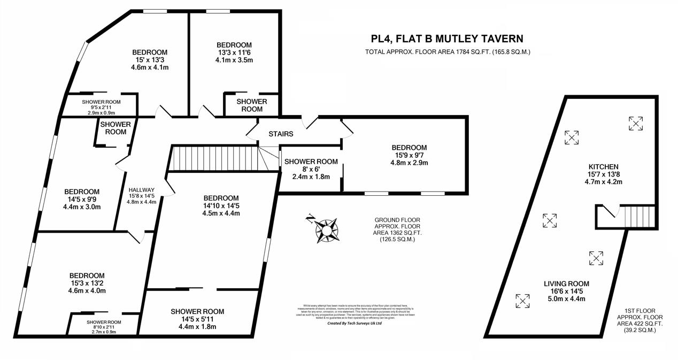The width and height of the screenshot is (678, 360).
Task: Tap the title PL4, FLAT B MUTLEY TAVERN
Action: tap(447, 39)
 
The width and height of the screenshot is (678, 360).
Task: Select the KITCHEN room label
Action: tap(603, 167)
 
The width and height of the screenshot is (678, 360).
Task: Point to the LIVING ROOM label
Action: tap(566, 284)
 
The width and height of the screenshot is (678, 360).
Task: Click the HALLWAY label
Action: tap(142, 189)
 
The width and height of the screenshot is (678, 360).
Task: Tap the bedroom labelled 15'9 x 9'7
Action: tap(409, 155)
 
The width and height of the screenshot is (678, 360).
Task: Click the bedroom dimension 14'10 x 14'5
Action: tap(221, 205)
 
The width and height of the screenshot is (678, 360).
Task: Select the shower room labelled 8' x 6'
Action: tap(311, 169)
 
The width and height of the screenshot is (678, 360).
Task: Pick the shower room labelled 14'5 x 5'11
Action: tap(197, 319)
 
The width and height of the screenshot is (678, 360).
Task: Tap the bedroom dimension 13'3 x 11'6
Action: tap(234, 52)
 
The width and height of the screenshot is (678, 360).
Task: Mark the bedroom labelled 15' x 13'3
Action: tap(150, 60)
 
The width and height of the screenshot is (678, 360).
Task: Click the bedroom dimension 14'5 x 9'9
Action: tap(82, 200)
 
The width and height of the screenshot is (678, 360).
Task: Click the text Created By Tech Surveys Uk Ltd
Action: tap(354, 323)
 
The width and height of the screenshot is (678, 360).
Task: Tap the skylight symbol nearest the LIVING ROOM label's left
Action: tap(522, 301)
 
